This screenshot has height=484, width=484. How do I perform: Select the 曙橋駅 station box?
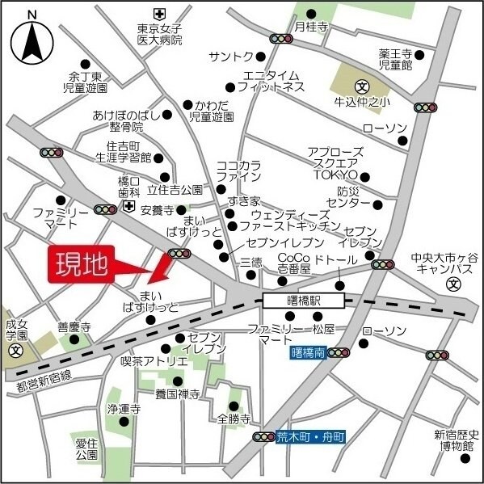303,301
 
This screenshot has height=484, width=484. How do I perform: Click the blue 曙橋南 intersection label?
307,352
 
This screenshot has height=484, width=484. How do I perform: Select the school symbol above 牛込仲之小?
362,86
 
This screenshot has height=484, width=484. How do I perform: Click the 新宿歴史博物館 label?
457,440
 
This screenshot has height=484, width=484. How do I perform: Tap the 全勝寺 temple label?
234,419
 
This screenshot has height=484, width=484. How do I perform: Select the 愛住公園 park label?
87,449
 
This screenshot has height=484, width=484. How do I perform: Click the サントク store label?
230,56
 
